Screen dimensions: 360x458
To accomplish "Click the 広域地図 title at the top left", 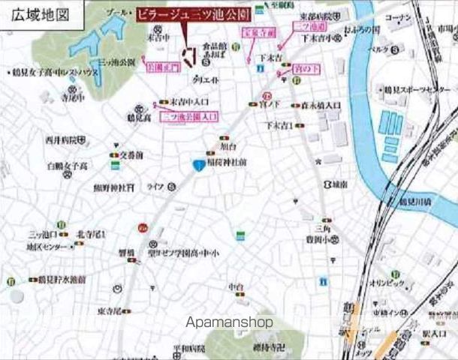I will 35,14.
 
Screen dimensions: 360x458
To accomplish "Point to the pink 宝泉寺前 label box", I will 254,32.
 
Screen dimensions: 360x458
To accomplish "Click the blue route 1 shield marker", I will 197,166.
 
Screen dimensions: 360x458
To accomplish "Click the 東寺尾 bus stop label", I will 110,310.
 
